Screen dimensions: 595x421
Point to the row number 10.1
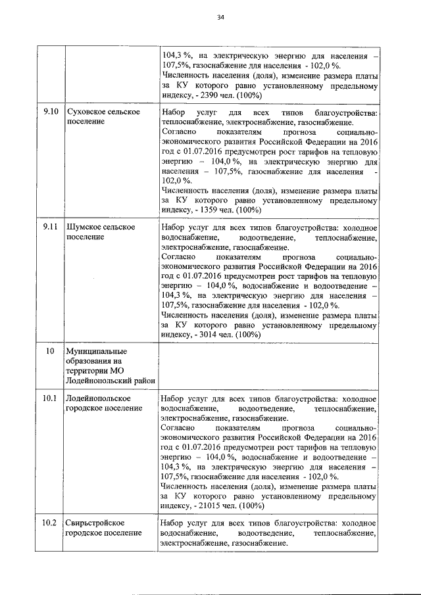click(50, 398)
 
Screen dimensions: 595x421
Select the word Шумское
click(84, 227)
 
